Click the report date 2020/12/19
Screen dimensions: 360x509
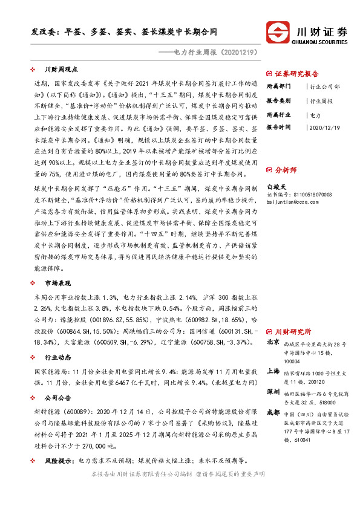(324, 128)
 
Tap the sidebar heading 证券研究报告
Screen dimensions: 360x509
(296, 74)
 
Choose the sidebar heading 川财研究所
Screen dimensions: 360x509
(293, 332)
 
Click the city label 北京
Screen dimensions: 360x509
(273, 342)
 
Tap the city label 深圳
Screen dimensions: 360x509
(273, 392)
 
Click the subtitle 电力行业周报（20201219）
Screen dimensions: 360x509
(215, 53)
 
